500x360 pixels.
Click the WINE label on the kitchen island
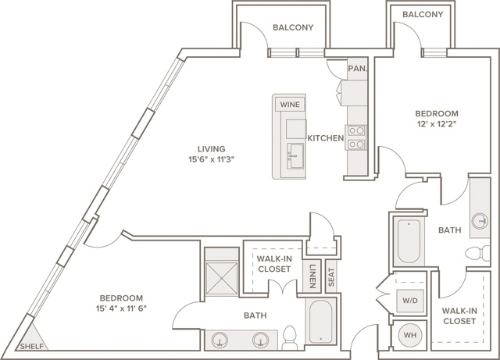tap(290, 105)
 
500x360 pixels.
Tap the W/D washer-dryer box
tap(409, 301)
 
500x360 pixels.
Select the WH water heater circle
tap(409, 335)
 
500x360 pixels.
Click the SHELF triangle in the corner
tap(33, 339)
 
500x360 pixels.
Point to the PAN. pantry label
tap(358, 68)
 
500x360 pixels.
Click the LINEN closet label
tap(312, 276)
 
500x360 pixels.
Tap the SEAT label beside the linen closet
tap(331, 276)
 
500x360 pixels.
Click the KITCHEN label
tap(326, 138)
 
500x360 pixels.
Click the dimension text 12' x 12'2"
tap(437, 124)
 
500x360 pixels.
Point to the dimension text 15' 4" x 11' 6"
tap(121, 308)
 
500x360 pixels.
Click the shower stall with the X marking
tap(222, 278)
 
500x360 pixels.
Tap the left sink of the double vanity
tap(220, 340)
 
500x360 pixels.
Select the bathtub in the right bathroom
tap(409, 241)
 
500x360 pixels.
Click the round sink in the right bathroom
tap(480, 221)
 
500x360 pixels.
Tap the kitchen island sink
tap(295, 156)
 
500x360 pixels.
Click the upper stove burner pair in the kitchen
tap(356, 130)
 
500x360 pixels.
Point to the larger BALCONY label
tap(293, 27)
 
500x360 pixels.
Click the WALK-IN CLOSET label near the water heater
tap(459, 315)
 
